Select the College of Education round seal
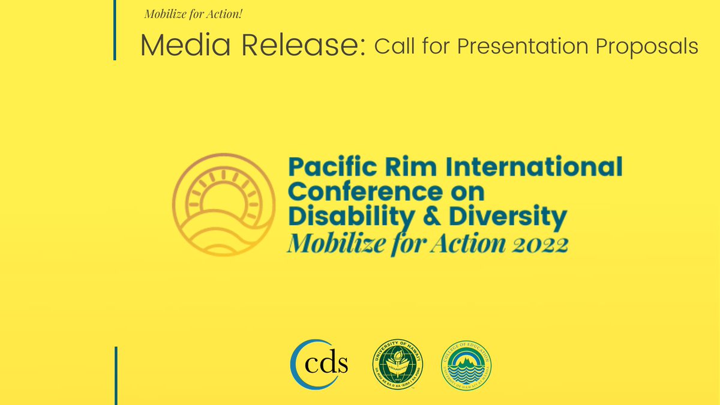pos(466,365)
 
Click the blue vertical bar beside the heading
pos(114,30)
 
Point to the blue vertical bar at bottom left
pos(116,375)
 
